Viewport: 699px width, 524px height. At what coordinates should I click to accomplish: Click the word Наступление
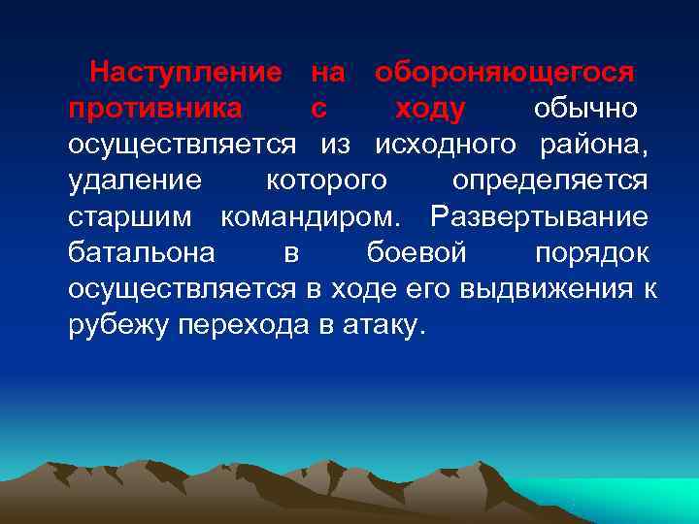tap(185, 72)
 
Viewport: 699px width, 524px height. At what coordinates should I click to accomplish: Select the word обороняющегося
tap(505, 72)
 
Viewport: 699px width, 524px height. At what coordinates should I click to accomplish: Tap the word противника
tap(155, 108)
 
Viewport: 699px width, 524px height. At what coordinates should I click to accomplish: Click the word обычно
tap(585, 108)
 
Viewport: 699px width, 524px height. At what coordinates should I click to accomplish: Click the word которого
tap(326, 180)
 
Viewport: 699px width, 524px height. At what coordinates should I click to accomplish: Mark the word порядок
tap(592, 253)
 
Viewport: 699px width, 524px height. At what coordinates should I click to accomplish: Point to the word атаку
tap(383, 326)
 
